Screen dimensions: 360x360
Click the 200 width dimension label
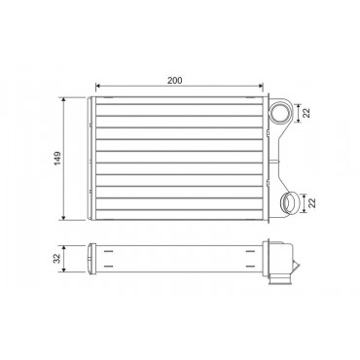(x=175, y=80)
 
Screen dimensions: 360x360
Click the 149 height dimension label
(x=57, y=159)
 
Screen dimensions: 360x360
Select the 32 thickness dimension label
(x=57, y=259)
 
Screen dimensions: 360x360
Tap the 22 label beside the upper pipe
(x=306, y=113)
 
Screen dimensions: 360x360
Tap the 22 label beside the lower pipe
(x=312, y=203)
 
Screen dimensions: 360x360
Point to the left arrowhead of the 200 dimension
(x=97, y=86)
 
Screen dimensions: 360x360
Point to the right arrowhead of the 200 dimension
(x=261, y=86)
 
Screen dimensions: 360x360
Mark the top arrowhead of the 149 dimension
(x=64, y=99)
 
